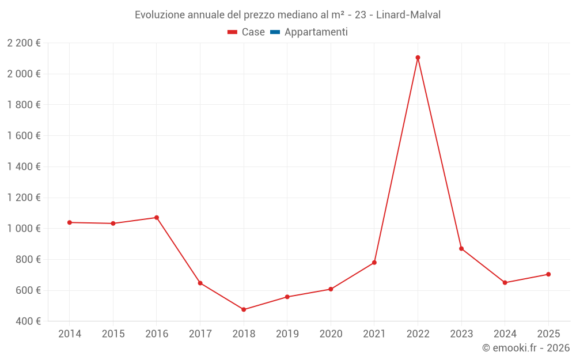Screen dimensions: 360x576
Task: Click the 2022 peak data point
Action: coord(418,58)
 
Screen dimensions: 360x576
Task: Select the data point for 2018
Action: coord(244,309)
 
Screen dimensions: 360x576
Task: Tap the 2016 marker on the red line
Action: coord(156,218)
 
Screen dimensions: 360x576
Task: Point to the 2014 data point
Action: coord(69,222)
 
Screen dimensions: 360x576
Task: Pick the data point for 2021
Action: coord(374,263)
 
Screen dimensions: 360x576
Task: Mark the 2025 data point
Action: coord(548,274)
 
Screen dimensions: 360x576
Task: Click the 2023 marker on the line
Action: coord(461,249)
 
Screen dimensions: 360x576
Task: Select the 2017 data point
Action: coord(200,283)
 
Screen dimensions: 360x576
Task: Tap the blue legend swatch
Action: coord(275,32)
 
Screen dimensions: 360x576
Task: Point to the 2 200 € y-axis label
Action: coord(24,43)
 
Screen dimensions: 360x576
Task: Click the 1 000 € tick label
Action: coord(24,229)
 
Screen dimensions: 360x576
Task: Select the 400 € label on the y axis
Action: coord(28,321)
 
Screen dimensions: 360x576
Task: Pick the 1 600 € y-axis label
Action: coord(24,136)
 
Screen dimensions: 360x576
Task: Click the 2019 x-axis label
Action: coord(287,334)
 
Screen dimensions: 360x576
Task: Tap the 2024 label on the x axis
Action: coord(505,334)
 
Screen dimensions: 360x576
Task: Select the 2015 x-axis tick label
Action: coord(113,334)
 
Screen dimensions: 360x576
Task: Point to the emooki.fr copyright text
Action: coord(526,348)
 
